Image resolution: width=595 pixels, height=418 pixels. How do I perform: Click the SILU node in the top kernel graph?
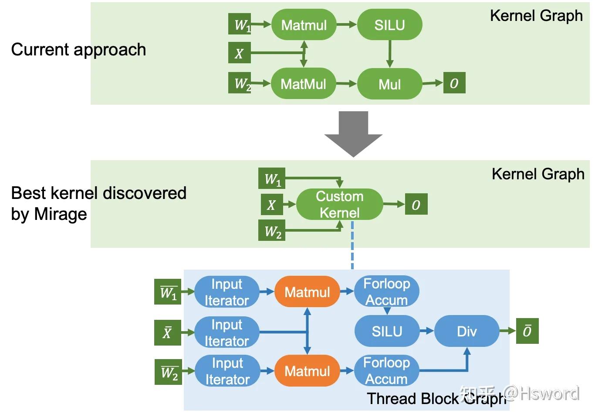point(389,25)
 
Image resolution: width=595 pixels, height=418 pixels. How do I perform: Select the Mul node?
point(389,84)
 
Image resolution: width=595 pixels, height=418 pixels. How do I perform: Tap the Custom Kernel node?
point(339,204)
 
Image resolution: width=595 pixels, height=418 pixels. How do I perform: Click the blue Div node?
point(467,332)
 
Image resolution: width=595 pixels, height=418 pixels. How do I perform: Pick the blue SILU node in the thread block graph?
point(387,332)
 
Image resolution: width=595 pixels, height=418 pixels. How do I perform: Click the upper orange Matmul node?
point(307,292)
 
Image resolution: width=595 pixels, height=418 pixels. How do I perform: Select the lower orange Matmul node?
point(307,371)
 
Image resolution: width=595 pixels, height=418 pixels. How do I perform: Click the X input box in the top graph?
point(239,53)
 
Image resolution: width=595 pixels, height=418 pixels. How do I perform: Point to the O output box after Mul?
point(454,83)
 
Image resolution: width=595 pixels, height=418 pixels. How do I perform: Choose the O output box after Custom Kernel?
point(416,205)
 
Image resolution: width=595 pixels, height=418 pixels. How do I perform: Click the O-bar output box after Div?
point(527,331)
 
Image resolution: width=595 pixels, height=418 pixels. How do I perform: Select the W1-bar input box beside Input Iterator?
point(168,292)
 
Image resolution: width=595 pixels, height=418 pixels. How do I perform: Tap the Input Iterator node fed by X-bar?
point(227,332)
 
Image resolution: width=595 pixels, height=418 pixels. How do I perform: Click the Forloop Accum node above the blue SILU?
point(387,292)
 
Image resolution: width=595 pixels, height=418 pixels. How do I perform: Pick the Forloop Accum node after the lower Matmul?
point(387,371)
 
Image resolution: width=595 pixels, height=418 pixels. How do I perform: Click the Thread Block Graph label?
point(436,398)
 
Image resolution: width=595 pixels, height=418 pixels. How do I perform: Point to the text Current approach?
point(78,50)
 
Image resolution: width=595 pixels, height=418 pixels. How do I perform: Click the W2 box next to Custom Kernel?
point(273,231)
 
